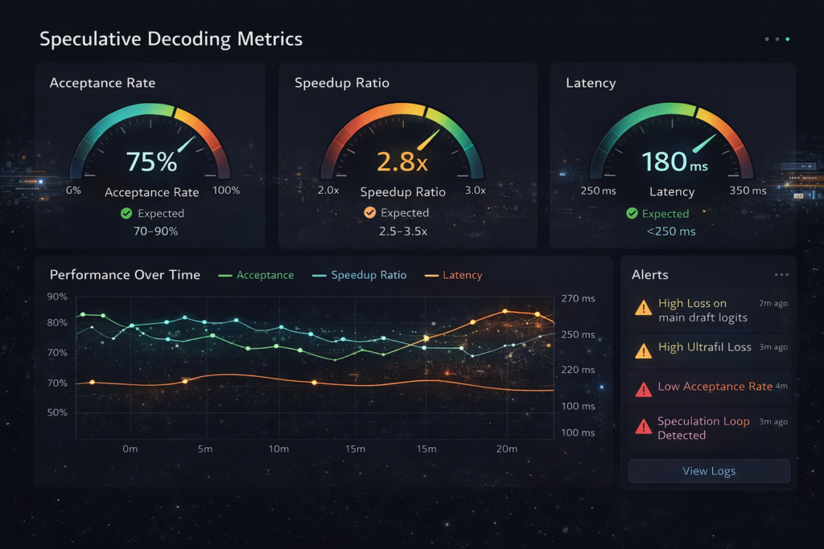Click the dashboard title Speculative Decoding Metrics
[171, 39]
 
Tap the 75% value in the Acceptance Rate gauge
[151, 162]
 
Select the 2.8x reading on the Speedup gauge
[402, 162]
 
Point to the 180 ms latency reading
[675, 162]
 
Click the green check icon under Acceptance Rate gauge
[126, 213]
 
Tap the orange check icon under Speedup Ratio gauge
[370, 213]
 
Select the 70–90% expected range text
[155, 231]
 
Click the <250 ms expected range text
[671, 231]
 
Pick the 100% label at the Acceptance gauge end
[226, 191]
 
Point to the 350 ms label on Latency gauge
[748, 191]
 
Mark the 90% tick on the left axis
[57, 297]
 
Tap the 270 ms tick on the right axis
[578, 298]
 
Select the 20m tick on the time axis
[507, 449]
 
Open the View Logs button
[709, 471]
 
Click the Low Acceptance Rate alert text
[715, 387]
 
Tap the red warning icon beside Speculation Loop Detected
[644, 427]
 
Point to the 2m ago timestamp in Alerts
[772, 303]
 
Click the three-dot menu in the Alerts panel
[781, 275]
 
